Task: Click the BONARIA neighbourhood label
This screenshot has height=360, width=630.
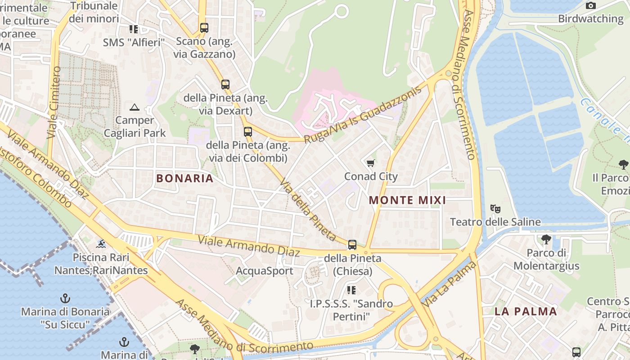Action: coord(184,178)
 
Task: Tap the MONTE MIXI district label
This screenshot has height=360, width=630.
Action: coord(407,200)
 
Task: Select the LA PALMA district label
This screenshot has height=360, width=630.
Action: coord(526,311)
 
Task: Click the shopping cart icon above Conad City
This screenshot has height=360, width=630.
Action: coord(370,163)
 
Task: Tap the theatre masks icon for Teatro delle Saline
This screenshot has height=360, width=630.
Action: coord(495,209)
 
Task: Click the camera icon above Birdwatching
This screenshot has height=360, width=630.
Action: coord(590,5)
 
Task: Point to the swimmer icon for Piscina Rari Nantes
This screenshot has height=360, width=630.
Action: coord(101,244)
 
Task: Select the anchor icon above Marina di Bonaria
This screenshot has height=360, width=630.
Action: coord(65,298)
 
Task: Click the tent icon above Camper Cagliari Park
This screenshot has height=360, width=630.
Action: coord(134,107)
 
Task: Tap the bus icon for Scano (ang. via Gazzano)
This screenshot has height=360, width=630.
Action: coord(204,28)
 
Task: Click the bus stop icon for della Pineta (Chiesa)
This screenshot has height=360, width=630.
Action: coord(352,245)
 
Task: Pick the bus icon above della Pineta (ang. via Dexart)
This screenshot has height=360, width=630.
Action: coord(225,85)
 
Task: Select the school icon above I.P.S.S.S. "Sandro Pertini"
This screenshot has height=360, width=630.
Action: coord(351,290)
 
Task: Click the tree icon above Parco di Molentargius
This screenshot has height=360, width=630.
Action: coord(546,239)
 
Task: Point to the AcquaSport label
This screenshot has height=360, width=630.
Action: coord(265,271)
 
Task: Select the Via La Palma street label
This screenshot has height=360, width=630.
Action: coord(449,284)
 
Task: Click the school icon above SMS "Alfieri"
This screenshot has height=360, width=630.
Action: coord(134,29)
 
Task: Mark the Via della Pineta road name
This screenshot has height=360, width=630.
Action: coord(308,210)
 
